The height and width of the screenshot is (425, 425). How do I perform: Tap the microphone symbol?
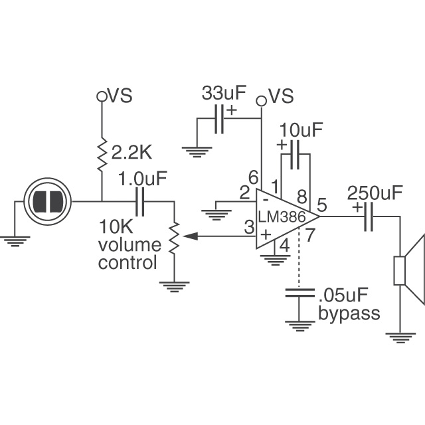pos(47,201)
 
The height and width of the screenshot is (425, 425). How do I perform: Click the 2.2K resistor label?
pos(131,153)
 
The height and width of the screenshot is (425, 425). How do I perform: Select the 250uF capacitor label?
pos(375,193)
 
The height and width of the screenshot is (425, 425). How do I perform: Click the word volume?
pos(126,244)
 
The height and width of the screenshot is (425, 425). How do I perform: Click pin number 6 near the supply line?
pos(252,177)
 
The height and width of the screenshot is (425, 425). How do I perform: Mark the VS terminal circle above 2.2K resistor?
pos(102,96)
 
